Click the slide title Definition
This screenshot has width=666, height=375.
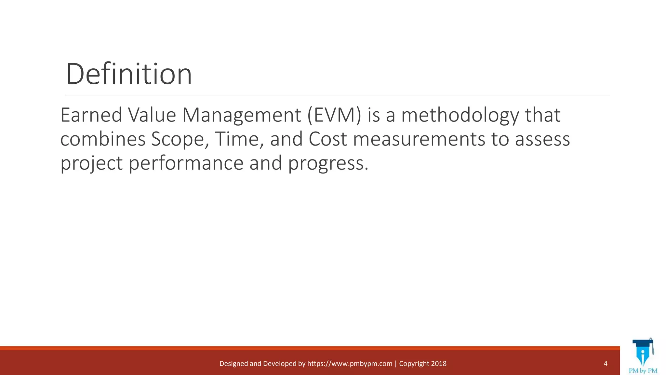coord(129,74)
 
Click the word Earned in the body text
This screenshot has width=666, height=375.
coord(91,115)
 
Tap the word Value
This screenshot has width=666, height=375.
coord(152,115)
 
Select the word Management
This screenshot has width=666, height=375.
coord(242,116)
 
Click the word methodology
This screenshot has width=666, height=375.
coord(460,116)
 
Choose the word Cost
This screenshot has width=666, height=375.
coord(328,139)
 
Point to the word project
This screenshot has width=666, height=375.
coord(91,163)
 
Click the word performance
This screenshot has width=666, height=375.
coord(186,163)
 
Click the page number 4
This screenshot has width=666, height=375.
coord(606,364)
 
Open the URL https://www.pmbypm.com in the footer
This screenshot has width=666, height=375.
coord(350,364)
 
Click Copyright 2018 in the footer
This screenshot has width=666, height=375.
coord(422,364)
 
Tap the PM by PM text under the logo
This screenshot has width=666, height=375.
coord(643,371)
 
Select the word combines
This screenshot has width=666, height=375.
coord(103,139)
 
